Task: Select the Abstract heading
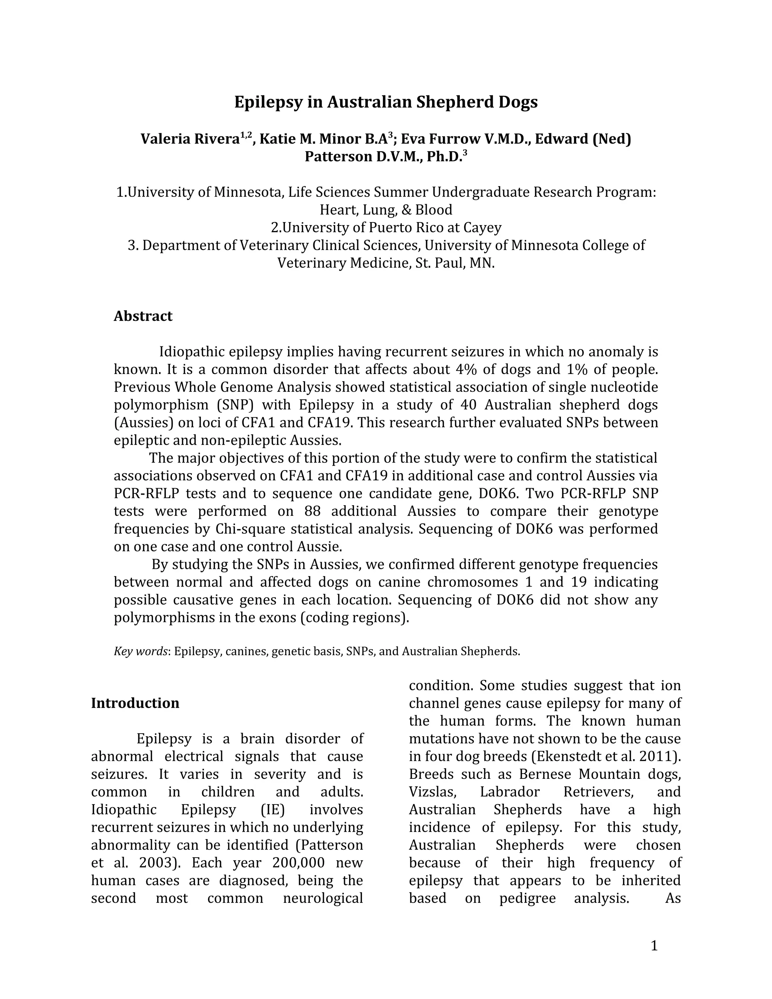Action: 143,316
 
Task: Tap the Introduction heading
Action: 135,703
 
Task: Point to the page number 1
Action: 654,945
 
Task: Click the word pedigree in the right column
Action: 527,898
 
